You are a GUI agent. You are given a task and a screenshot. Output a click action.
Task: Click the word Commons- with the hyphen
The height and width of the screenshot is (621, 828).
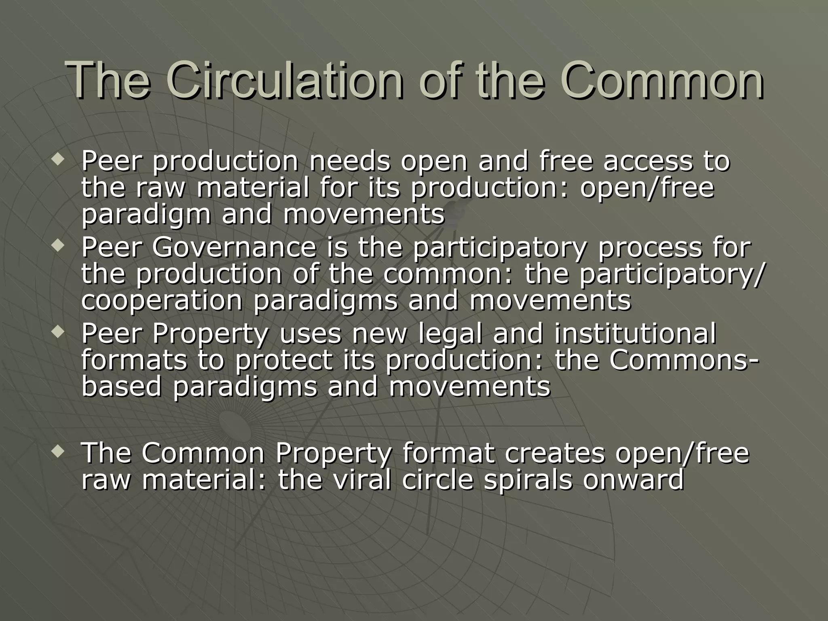pyautogui.click(x=684, y=360)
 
